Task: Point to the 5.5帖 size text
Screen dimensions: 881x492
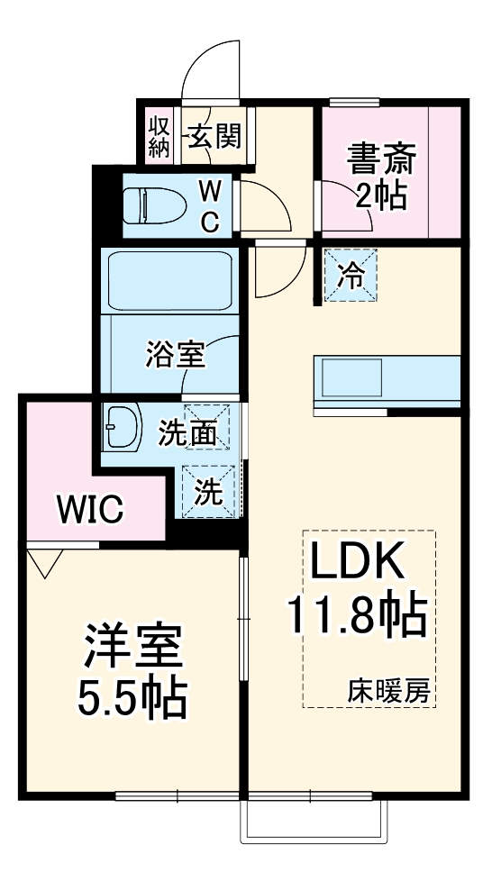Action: pyautogui.click(x=133, y=696)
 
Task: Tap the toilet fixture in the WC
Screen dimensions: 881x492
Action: pyautogui.click(x=153, y=205)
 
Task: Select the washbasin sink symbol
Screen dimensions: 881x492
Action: pyautogui.click(x=123, y=427)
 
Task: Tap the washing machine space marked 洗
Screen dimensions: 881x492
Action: pyautogui.click(x=209, y=491)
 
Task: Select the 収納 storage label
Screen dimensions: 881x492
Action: pyautogui.click(x=159, y=136)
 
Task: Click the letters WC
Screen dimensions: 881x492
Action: pyautogui.click(x=209, y=205)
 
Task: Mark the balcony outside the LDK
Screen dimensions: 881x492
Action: pyautogui.click(x=314, y=819)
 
